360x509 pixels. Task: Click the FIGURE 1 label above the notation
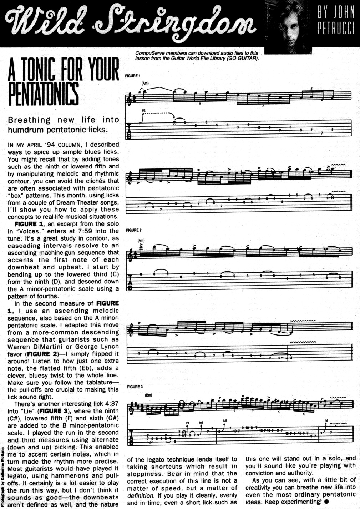(133, 76)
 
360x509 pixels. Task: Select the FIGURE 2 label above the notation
(134, 231)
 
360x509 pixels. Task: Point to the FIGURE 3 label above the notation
(135, 387)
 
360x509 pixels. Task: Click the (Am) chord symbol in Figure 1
(145, 84)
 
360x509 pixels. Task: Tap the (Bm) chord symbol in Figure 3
(148, 395)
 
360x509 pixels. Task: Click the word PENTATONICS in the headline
(43, 94)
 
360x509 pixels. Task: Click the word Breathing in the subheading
(29, 120)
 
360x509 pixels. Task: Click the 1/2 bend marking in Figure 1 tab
(143, 111)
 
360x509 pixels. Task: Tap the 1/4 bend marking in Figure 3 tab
(187, 423)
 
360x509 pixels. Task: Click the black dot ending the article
(327, 502)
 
